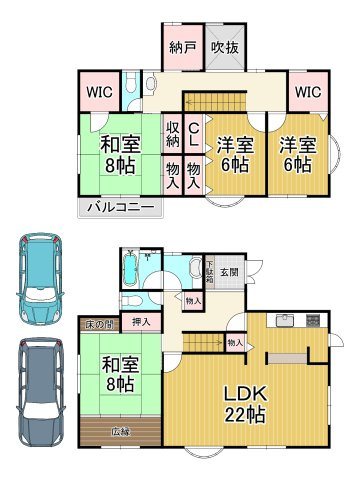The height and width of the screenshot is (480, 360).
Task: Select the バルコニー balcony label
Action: (119, 208)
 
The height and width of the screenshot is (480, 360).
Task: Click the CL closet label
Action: (194, 134)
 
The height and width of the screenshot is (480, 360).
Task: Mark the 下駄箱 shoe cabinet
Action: (208, 269)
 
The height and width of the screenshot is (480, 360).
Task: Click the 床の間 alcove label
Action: (98, 324)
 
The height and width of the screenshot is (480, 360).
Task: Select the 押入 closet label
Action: (141, 322)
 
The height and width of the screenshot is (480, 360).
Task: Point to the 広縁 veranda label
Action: (121, 431)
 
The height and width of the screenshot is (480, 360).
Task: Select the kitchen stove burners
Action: (311, 321)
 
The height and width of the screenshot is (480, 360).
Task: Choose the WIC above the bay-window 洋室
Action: (307, 93)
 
